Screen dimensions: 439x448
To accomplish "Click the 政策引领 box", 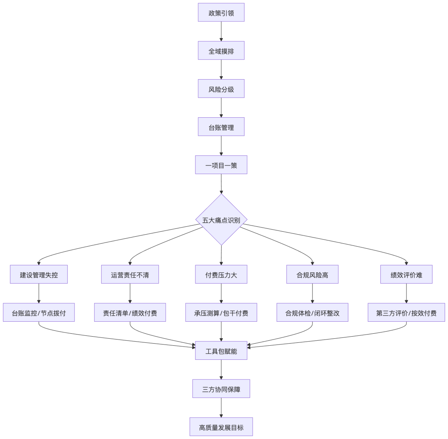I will pyautogui.click(x=221, y=12).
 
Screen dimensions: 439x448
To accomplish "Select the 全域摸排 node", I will pyautogui.click(x=221, y=51).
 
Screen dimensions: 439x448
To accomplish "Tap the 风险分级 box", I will pyautogui.click(x=221, y=89).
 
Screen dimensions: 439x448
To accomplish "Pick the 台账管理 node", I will pyautogui.click(x=221, y=127).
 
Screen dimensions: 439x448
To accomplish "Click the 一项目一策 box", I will pyautogui.click(x=221, y=165).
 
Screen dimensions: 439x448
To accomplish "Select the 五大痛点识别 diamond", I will pyautogui.click(x=221, y=220).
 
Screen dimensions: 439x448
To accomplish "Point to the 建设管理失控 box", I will pyautogui.click(x=39, y=274).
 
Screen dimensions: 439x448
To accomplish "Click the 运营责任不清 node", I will pyautogui.click(x=130, y=274).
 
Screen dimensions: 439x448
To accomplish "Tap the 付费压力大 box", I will pyautogui.click(x=221, y=274).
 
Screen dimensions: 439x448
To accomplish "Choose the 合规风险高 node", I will pyautogui.click(x=312, y=274).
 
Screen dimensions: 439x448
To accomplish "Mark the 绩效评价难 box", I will pyautogui.click(x=406, y=274).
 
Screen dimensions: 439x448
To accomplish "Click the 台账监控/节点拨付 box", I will pyautogui.click(x=39, y=313).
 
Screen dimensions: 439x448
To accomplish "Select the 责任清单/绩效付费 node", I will pyautogui.click(x=130, y=313).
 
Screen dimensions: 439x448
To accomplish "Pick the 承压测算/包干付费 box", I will pyautogui.click(x=221, y=313).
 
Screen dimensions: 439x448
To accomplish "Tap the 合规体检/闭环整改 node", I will pyautogui.click(x=312, y=313).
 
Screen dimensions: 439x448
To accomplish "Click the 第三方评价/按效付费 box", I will pyautogui.click(x=406, y=313).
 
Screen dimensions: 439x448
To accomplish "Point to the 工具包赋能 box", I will pyautogui.click(x=221, y=351).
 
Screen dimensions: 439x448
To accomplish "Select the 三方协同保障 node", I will pyautogui.click(x=221, y=389).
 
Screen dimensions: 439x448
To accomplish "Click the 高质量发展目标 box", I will pyautogui.click(x=221, y=427).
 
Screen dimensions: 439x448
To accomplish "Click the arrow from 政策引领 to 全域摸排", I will pyautogui.click(x=221, y=32).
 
